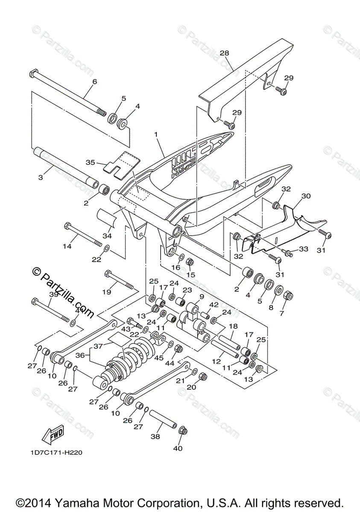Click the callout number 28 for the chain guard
click(225, 53)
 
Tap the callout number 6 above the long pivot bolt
click(95, 81)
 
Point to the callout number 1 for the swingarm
click(156, 134)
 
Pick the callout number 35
click(90, 162)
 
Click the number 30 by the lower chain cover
click(306, 196)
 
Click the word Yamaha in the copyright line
click(102, 502)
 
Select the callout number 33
click(303, 249)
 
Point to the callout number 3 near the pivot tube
click(41, 177)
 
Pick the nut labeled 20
click(203, 377)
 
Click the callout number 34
click(107, 236)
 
